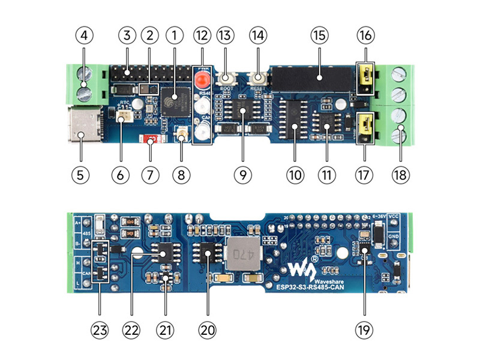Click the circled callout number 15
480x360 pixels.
coord(317,35)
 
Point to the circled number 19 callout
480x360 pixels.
coord(364,329)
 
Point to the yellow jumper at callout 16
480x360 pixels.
coord(364,76)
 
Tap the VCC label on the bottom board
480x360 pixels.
coord(394,217)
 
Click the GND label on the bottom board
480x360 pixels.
coord(394,236)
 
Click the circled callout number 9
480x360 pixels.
coord(242,175)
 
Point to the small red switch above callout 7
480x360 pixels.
coord(151,139)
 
